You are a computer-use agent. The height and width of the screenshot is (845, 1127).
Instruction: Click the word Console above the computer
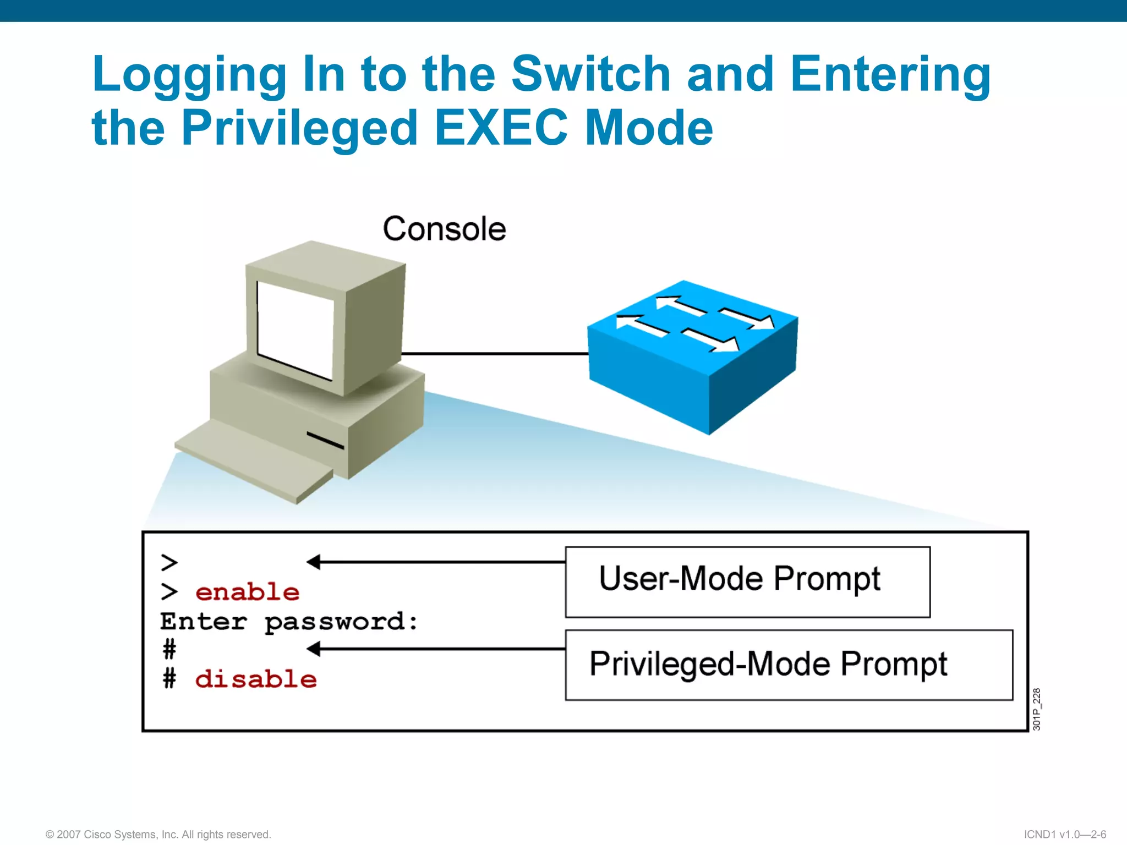[444, 229]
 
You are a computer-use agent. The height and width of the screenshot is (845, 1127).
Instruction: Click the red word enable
[247, 592]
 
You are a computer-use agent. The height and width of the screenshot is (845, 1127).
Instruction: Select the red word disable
[256, 679]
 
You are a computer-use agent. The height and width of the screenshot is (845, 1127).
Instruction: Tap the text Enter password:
[289, 622]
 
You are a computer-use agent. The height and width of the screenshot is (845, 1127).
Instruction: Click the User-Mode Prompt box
[747, 582]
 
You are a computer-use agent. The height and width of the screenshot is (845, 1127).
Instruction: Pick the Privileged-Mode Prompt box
[789, 665]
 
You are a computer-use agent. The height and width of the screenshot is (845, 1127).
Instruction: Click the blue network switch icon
[692, 358]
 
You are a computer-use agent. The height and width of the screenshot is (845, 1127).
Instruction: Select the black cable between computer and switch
[495, 353]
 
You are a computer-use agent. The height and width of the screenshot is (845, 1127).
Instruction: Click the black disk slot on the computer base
[325, 440]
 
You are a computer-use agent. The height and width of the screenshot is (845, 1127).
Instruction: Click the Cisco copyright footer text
[158, 835]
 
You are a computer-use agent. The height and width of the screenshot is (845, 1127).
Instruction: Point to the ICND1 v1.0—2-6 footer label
[1065, 835]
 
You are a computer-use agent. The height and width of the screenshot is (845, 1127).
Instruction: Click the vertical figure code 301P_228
[1036, 709]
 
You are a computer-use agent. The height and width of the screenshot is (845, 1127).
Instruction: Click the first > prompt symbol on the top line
[169, 563]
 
